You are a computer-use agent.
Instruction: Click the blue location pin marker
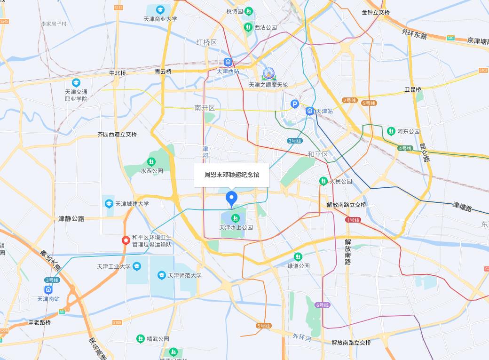(231, 198)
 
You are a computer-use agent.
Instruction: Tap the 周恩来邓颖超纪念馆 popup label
(231, 175)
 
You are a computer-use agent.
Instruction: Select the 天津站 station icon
(310, 111)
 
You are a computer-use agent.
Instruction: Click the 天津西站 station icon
(228, 62)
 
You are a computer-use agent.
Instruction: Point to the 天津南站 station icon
(48, 289)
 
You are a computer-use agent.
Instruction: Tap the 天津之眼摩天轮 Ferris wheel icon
(268, 73)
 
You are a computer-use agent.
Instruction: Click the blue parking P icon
(295, 104)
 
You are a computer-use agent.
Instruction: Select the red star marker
(126, 240)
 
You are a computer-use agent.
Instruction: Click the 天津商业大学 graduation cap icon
(160, 9)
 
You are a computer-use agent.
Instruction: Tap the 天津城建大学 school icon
(109, 204)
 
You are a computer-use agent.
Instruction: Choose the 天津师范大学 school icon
(162, 275)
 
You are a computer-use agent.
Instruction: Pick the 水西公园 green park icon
(151, 161)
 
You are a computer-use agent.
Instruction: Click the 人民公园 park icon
(323, 181)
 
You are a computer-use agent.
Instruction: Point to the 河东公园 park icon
(391, 131)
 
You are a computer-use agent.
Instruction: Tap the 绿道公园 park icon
(298, 256)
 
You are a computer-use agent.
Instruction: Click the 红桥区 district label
(206, 42)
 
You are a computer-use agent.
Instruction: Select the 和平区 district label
(317, 154)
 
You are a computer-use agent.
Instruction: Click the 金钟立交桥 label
(376, 12)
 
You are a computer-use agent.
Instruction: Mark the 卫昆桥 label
(413, 89)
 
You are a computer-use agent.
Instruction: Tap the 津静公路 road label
(71, 219)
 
